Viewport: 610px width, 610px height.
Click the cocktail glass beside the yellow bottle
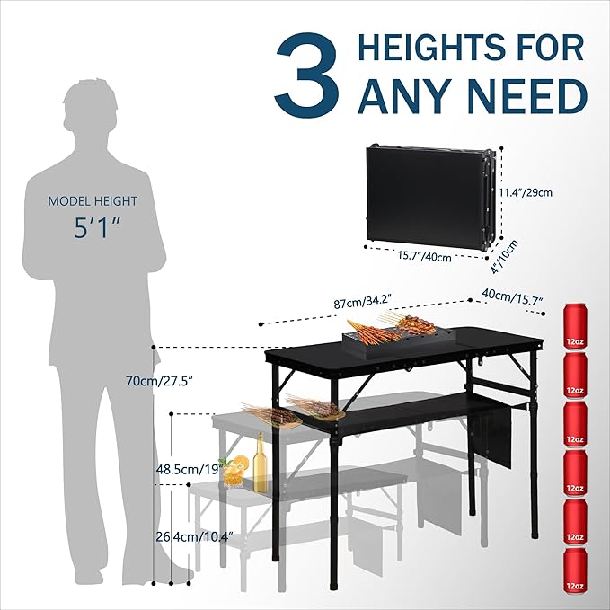point(234,473)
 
